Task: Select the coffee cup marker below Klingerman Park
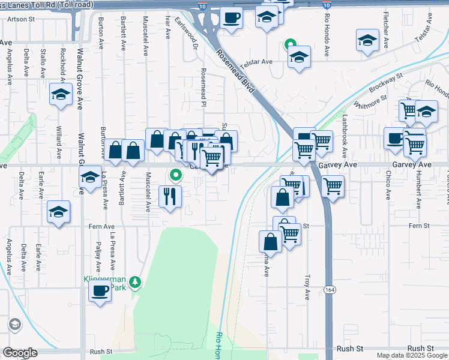tap(100, 292)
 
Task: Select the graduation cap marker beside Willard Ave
tap(61, 94)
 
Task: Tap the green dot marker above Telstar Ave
tap(289, 44)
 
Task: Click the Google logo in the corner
tap(20, 353)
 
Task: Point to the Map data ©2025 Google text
tap(412, 355)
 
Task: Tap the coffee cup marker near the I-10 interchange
tap(231, 17)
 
